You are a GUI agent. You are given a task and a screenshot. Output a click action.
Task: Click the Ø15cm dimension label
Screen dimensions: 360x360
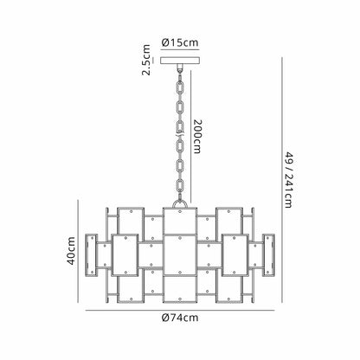[x=180, y=42]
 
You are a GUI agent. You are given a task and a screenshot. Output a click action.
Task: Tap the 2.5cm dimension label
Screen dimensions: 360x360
[x=146, y=60]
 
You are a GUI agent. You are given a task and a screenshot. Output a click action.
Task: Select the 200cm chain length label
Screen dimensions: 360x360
[x=197, y=137]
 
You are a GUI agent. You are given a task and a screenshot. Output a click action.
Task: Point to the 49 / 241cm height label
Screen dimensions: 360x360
[x=288, y=180]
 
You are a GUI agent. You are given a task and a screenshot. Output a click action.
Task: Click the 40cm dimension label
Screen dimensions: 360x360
[x=71, y=251]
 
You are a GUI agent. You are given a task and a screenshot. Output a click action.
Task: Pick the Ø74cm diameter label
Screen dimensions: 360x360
[x=180, y=318]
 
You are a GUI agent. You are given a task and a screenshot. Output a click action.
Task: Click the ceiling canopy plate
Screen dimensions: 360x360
[x=180, y=61]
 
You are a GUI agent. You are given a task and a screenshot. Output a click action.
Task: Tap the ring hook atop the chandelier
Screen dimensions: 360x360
[x=180, y=204]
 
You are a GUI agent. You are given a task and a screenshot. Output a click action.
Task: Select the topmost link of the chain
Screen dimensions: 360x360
[x=180, y=87]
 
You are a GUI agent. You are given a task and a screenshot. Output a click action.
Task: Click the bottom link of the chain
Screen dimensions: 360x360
[x=180, y=185]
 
